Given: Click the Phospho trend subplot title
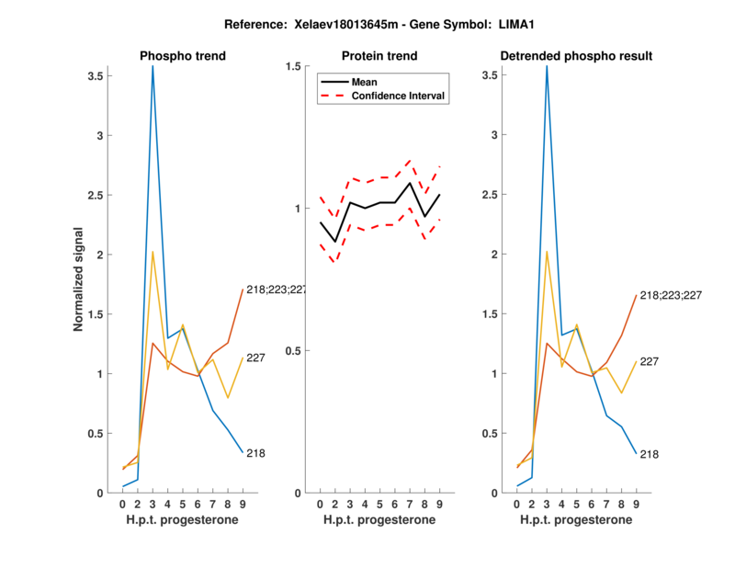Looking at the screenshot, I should pyautogui.click(x=182, y=56).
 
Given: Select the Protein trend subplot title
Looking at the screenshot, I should pyautogui.click(x=379, y=56).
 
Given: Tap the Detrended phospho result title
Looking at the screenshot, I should pyautogui.click(x=576, y=56).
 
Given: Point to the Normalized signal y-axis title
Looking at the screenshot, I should pyautogui.click(x=81, y=279).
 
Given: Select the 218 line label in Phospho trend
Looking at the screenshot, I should pyautogui.click(x=255, y=453).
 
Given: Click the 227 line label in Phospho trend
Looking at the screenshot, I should pyautogui.click(x=255, y=358).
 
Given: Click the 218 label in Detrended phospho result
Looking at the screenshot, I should pyautogui.click(x=650, y=454).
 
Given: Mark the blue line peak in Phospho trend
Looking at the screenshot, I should pyautogui.click(x=153, y=67).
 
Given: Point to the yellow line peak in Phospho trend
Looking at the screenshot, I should pyautogui.click(x=153, y=252).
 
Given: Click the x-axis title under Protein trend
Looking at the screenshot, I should pyautogui.click(x=379, y=520).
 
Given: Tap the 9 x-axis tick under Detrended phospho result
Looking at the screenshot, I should pyautogui.click(x=637, y=505).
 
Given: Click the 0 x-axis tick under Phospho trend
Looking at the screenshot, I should pyautogui.click(x=123, y=505).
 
